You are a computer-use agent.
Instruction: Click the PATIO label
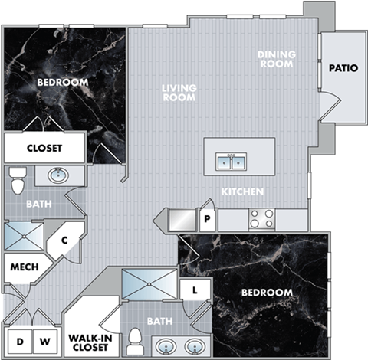[343, 67]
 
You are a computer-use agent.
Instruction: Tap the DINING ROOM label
[275, 59]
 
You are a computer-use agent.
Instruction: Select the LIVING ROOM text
[179, 93]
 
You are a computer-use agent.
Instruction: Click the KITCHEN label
[243, 191]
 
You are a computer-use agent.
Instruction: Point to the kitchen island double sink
[231, 162]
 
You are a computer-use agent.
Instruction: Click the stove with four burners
[262, 218]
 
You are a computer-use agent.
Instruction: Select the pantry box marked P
[206, 220]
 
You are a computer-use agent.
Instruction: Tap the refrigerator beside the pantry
[179, 219]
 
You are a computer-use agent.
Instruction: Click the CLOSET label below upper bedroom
[44, 148]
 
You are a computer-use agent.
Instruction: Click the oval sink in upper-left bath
[59, 175]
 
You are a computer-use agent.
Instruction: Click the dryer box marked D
[21, 342]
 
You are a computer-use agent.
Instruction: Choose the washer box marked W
[45, 342]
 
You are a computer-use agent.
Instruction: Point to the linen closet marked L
[196, 290]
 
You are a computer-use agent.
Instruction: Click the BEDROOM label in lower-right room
[266, 293]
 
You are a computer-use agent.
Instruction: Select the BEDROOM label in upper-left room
[62, 82]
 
